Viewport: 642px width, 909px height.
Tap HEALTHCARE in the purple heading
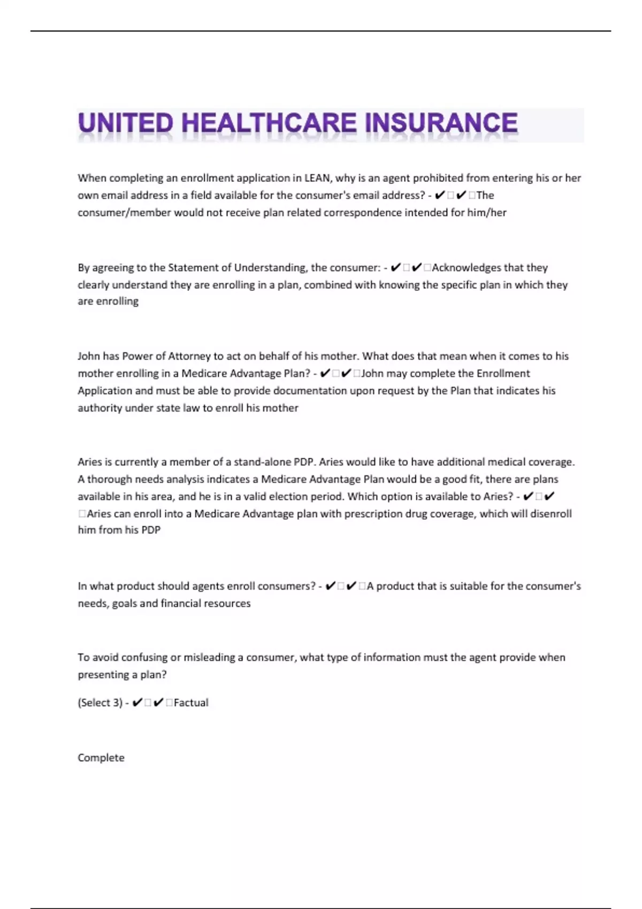point(269,124)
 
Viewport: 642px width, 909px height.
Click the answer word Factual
point(191,703)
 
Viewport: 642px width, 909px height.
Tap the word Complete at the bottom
point(101,758)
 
